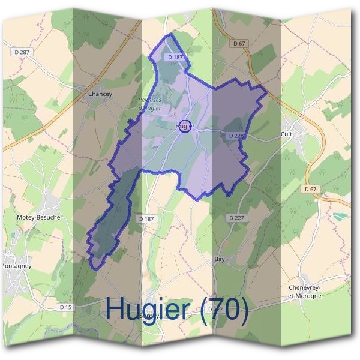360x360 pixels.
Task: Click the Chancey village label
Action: (100, 94)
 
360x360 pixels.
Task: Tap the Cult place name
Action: (286, 134)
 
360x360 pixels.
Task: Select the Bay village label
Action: (219, 259)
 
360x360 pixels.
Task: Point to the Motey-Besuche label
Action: (39, 217)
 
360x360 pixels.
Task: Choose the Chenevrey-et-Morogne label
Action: (305, 291)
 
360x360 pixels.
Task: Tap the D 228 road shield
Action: (236, 136)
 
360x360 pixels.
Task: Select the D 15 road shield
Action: (66, 307)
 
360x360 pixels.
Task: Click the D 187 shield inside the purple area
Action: (175, 56)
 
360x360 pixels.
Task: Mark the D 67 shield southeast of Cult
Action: (310, 189)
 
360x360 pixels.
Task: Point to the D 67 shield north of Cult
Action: (238, 43)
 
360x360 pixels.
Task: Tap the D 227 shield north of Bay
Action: (236, 217)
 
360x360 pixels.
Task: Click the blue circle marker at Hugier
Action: (185, 126)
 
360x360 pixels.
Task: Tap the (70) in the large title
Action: (224, 308)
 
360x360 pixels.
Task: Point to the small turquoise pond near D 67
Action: (340, 215)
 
